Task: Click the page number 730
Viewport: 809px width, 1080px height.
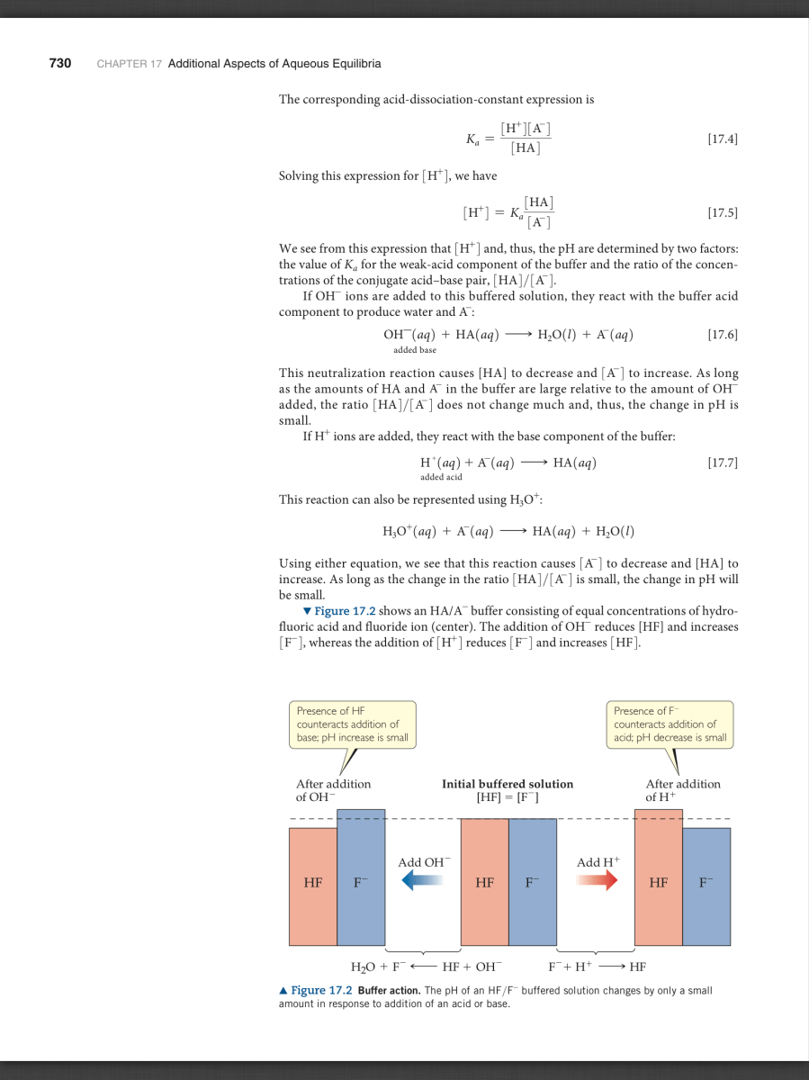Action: click(x=60, y=64)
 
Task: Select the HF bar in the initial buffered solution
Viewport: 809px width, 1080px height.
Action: click(x=484, y=882)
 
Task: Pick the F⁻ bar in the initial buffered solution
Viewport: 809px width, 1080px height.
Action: click(x=533, y=882)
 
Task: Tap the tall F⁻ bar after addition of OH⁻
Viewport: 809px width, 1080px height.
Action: click(x=361, y=877)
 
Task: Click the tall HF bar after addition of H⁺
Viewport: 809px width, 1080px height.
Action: click(x=659, y=877)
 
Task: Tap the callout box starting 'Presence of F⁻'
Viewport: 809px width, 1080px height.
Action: click(x=670, y=724)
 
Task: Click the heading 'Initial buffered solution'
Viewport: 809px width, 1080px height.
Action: click(x=508, y=784)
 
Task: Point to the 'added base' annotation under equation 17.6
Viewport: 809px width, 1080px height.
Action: click(x=415, y=349)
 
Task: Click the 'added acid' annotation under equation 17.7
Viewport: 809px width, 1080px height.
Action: click(x=441, y=477)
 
